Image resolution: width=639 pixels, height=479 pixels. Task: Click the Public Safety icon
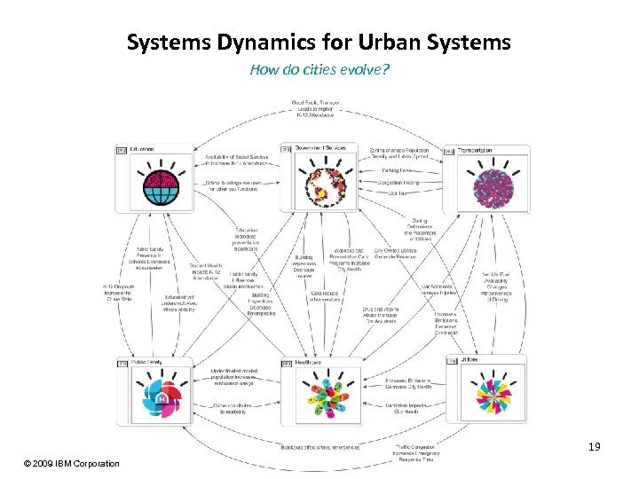pyautogui.click(x=156, y=396)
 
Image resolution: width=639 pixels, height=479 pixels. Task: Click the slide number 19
pyautogui.click(x=595, y=447)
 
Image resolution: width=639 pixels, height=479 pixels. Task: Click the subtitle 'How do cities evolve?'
pyautogui.click(x=319, y=69)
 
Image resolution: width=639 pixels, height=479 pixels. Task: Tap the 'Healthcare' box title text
pyautogui.click(x=309, y=362)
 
